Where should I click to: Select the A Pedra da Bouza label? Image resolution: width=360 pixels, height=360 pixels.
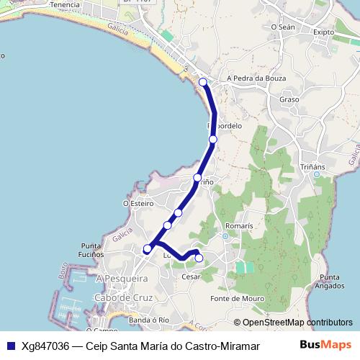tap(256, 78)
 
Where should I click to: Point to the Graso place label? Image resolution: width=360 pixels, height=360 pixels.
tap(289, 99)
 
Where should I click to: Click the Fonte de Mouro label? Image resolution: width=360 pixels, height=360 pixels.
tap(237, 298)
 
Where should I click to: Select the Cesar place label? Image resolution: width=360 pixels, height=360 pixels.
tap(191, 276)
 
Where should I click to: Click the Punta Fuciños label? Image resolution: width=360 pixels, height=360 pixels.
tap(93, 250)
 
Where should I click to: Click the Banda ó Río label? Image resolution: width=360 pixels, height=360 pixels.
tap(148, 319)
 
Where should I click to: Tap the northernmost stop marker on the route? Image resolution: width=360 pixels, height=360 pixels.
tap(203, 82)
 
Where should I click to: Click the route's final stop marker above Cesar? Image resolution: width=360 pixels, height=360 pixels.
tap(199, 258)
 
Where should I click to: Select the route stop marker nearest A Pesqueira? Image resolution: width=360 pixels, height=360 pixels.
tap(148, 249)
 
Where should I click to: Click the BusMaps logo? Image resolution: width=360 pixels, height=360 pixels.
tap(330, 346)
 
